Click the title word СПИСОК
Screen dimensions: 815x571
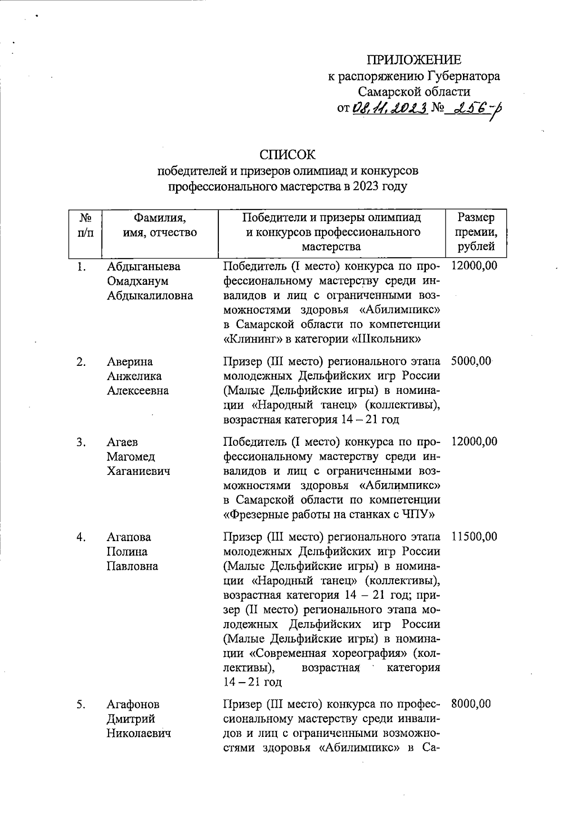287,155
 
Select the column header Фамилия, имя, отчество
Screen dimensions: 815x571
159,225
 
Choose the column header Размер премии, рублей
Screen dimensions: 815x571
475,232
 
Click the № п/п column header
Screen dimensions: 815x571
85,225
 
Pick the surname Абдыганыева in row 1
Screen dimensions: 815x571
144,266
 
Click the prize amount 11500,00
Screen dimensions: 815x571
474,537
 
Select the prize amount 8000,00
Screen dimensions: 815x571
471,704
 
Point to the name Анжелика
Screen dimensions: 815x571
134,376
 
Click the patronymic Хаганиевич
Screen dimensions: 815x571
138,472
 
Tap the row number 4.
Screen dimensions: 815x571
81,537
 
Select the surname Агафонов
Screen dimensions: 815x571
133,704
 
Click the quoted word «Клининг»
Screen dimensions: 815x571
247,340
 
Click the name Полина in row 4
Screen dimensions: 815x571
127,552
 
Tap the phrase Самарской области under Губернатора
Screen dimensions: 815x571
414,91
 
